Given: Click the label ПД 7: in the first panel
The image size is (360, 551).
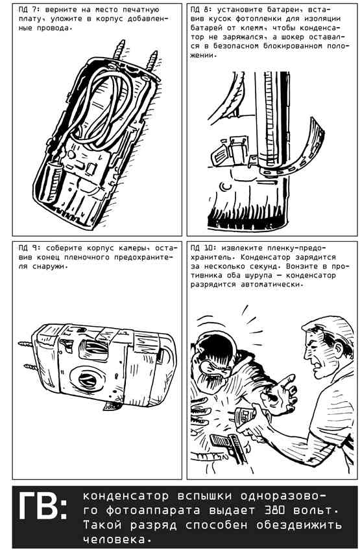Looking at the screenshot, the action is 29,10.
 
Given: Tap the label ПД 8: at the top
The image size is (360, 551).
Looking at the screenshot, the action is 202,10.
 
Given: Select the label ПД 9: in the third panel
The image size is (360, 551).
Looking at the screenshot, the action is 29,248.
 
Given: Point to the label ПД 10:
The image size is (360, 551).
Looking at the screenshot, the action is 204,248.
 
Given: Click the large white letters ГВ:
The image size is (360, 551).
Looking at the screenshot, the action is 42,506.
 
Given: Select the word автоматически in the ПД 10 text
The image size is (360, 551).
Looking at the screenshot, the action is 270,285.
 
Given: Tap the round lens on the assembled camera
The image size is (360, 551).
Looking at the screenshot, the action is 87,379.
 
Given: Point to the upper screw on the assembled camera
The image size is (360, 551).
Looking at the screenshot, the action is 27,344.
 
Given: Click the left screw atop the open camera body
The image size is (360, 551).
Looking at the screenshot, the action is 119,51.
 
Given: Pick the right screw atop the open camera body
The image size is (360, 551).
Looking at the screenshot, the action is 152,60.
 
